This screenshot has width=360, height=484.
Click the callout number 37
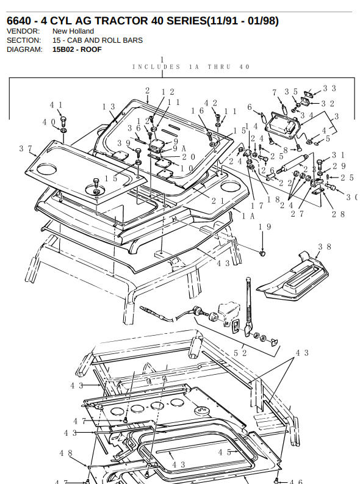[26, 149]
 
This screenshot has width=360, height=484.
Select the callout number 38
[325, 247]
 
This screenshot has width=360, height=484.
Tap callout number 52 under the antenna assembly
[240, 353]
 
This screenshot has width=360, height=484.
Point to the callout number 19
[265, 227]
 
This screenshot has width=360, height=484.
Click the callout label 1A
[248, 216]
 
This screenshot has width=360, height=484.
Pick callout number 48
[66, 453]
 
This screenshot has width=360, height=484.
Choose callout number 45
[225, 452]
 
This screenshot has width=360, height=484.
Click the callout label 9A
[179, 149]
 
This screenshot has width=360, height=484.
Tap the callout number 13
[109, 107]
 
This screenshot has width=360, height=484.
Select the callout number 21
[218, 201]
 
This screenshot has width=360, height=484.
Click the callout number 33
[329, 88]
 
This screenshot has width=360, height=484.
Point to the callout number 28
[338, 214]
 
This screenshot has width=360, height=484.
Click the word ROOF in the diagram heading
[91, 49]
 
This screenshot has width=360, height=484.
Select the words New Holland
[73, 31]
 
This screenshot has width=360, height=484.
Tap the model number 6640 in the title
[19, 21]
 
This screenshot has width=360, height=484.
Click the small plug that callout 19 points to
[263, 254]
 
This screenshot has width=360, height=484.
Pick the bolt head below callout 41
[63, 120]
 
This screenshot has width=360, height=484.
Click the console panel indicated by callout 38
[292, 277]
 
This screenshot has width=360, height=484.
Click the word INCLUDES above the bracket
[156, 67]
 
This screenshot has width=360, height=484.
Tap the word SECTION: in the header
[24, 40]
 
